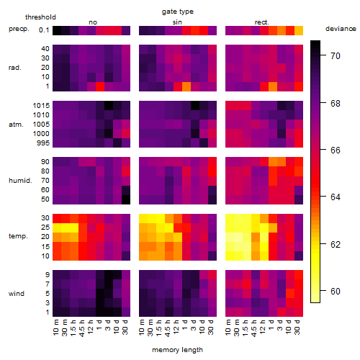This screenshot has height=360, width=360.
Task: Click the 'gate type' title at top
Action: (178, 12)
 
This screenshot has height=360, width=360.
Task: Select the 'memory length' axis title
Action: (177, 350)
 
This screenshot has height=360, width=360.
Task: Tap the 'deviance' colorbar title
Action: (341, 29)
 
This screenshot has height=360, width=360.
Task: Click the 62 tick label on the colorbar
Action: (336, 245)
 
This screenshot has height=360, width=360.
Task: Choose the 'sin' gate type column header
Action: (177, 22)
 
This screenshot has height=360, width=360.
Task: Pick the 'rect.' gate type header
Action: (262, 22)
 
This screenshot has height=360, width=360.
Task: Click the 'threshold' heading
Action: (40, 17)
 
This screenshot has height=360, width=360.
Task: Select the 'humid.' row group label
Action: (20, 181)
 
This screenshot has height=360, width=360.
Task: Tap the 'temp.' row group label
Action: (18, 236)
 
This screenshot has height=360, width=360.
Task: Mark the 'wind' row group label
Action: (17, 294)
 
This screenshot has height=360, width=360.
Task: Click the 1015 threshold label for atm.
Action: (41, 106)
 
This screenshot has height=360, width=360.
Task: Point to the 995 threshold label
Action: (43, 143)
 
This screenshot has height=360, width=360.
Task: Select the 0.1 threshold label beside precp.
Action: (44, 30)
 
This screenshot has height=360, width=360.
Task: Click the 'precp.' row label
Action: (19, 29)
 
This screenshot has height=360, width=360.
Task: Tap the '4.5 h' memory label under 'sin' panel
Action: (168, 328)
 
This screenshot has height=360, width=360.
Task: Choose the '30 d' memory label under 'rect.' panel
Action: (297, 327)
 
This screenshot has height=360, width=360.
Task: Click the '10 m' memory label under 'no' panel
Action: (55, 327)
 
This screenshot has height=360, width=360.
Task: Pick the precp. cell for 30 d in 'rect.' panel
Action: (299, 30)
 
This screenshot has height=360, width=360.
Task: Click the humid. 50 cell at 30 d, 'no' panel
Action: (126, 199)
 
